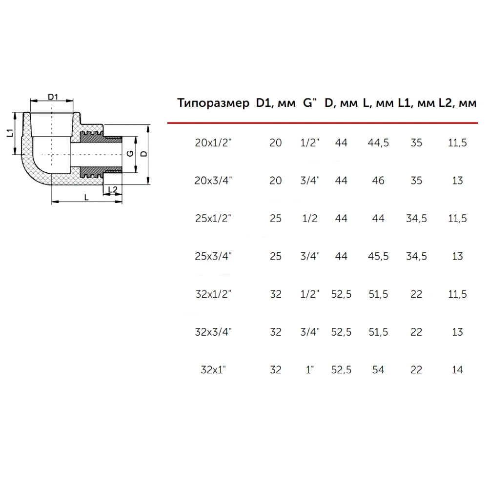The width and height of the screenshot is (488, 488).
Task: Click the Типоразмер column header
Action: click(x=213, y=103)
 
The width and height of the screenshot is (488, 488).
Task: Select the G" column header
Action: click(x=310, y=102)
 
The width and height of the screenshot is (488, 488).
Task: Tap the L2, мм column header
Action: click(x=458, y=102)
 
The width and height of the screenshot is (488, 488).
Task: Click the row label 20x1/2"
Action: click(x=214, y=142)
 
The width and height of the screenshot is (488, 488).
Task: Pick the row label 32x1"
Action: click(x=213, y=370)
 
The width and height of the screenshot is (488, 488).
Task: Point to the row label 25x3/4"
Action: click(x=214, y=256)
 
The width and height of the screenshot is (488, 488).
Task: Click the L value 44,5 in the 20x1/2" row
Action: click(x=378, y=143)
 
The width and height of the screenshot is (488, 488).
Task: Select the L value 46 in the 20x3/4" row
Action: click(x=378, y=181)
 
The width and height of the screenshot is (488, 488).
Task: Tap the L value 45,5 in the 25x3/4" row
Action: click(x=378, y=257)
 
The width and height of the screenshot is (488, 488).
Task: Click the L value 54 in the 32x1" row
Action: click(x=378, y=370)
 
